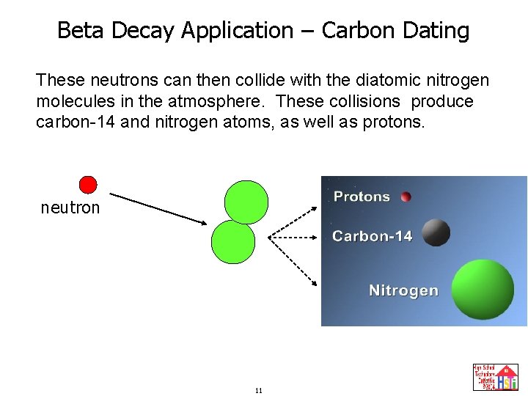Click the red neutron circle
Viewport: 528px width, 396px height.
[x=88, y=184]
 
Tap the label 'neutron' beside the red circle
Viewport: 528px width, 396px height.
[x=70, y=208]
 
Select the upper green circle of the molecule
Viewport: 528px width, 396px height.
[x=246, y=201]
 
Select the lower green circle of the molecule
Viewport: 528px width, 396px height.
[x=232, y=242]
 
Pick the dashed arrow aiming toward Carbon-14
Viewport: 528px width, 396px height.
[x=293, y=237]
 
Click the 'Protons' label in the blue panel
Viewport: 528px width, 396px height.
[x=362, y=197]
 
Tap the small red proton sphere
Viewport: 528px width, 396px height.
[x=406, y=197]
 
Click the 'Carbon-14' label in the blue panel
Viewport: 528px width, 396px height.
[x=372, y=236]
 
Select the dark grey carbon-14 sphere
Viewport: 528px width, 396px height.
[x=436, y=232]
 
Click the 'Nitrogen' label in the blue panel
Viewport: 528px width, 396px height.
[x=403, y=290]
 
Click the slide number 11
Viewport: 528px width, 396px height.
[x=258, y=390]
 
